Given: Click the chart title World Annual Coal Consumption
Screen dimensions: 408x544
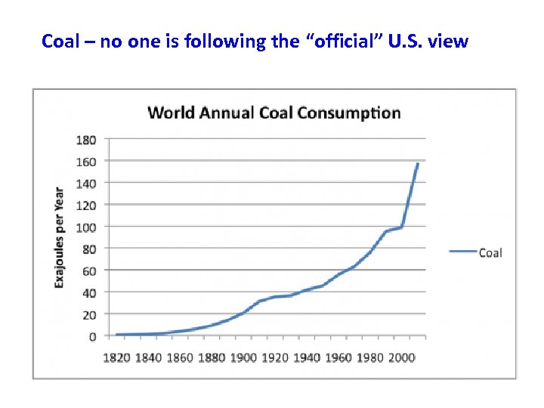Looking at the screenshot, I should (x=274, y=113).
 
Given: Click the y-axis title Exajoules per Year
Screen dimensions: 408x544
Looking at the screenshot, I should (x=59, y=236).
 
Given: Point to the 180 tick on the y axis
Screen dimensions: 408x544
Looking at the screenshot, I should (x=85, y=139).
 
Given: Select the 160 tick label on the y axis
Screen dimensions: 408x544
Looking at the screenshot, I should (x=85, y=161).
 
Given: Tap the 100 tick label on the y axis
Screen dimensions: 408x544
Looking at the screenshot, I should (x=85, y=227).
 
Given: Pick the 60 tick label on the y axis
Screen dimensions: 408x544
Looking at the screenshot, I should (x=88, y=270).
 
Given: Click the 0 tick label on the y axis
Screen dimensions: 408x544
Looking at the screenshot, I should (x=92, y=336).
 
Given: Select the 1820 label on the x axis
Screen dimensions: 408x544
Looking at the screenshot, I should (x=117, y=357).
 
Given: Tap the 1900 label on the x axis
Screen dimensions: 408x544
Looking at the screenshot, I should (x=243, y=357).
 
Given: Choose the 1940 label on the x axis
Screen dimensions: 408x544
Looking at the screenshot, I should (x=307, y=357).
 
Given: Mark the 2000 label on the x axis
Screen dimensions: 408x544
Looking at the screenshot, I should (x=401, y=357).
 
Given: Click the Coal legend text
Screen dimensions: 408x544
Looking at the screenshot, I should (x=490, y=252).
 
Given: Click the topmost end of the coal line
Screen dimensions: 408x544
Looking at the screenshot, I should (x=417, y=163).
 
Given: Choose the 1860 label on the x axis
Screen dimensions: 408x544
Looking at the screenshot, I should (x=181, y=357).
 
